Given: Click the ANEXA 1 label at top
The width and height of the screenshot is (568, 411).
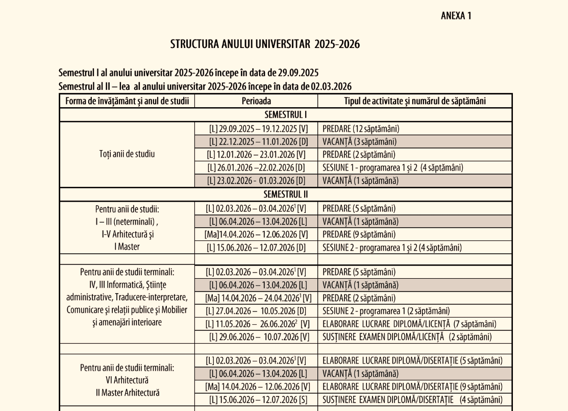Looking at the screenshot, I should (456, 16).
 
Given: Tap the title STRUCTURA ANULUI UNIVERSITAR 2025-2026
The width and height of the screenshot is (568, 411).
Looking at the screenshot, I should (265, 44).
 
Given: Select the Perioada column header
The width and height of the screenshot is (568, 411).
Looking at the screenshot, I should (256, 101).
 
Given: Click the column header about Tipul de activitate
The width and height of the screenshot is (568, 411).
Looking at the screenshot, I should (414, 101).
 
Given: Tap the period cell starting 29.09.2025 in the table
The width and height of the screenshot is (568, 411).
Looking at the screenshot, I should (256, 128).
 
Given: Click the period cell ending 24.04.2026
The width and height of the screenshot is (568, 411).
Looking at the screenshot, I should (258, 298).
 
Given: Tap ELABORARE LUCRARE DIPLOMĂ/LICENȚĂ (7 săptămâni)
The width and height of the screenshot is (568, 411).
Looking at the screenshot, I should (409, 324).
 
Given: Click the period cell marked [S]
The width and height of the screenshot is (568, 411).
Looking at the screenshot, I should (256, 399).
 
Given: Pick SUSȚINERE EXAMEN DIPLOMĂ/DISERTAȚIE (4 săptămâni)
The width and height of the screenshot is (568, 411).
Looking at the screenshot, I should (408, 399).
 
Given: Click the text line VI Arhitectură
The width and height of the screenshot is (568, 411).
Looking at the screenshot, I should (127, 380).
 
